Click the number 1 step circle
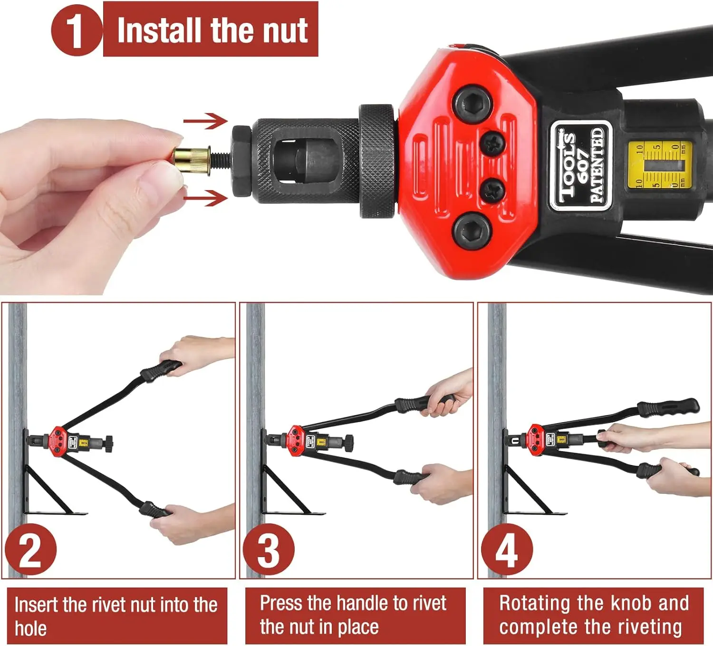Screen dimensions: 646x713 coord(76,30)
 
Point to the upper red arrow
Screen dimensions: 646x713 coord(205,121)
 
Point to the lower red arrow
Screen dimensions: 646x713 coord(205,198)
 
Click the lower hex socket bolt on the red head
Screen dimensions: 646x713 coord(473,232)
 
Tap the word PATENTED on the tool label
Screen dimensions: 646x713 coord(597,165)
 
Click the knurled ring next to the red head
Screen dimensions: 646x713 coord(377,161)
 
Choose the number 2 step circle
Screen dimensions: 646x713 coord(31,550)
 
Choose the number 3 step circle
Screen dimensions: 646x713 coord(269,550)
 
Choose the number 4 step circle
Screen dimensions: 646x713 coord(507,550)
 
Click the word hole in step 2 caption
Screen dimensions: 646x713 coord(30,628)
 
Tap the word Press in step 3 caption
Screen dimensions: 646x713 coord(281,603)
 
